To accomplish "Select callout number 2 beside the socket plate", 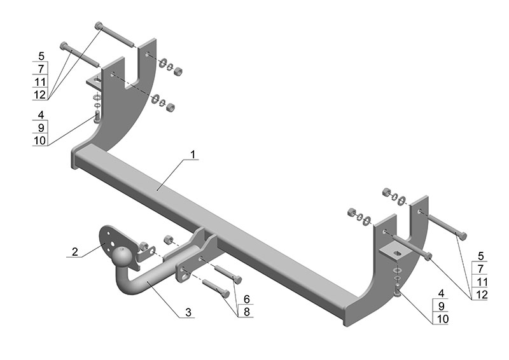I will (x=75, y=251).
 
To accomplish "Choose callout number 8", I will (x=246, y=312).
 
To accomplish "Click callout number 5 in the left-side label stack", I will (x=41, y=56).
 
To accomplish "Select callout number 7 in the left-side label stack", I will (x=41, y=69).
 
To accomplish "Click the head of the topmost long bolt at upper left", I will (x=99, y=25).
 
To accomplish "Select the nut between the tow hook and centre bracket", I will (x=169, y=240).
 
